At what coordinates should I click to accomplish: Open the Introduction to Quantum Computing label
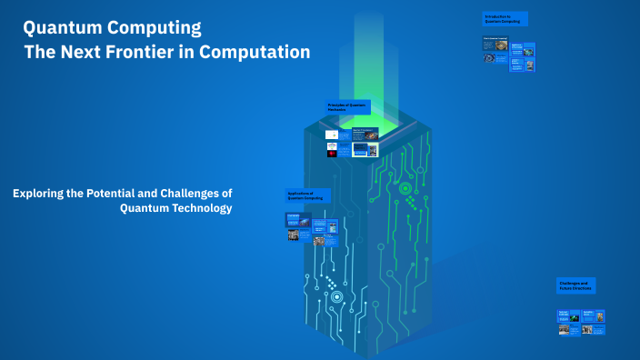(505, 18)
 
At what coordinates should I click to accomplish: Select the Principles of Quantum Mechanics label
(348, 107)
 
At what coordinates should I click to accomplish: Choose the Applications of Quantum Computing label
(307, 195)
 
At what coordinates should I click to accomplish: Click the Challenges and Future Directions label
(575, 285)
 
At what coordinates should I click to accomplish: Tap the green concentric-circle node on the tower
(405, 188)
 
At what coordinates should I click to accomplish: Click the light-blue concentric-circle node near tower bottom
(337, 296)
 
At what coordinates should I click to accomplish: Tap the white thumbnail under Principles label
(332, 135)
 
